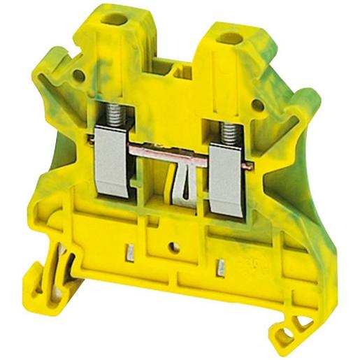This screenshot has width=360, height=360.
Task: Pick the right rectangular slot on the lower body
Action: (221, 266)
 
